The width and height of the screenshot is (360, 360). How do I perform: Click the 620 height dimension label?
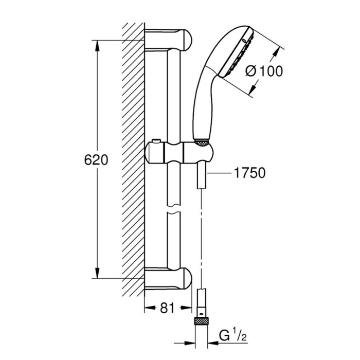pyautogui.click(x=96, y=160)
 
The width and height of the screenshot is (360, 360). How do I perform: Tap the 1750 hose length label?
pyautogui.click(x=249, y=173)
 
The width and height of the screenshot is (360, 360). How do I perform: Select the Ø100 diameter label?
pyautogui.click(x=264, y=71)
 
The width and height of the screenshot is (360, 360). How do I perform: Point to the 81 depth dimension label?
pyautogui.click(x=167, y=308)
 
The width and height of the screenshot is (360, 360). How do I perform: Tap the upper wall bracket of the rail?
pyautogui.click(x=168, y=39)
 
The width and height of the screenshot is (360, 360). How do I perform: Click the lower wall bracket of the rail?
pyautogui.click(x=168, y=278)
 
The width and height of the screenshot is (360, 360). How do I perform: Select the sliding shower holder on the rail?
pyautogui.click(x=179, y=153)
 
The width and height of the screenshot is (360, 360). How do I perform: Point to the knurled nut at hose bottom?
pyautogui.click(x=202, y=320)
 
